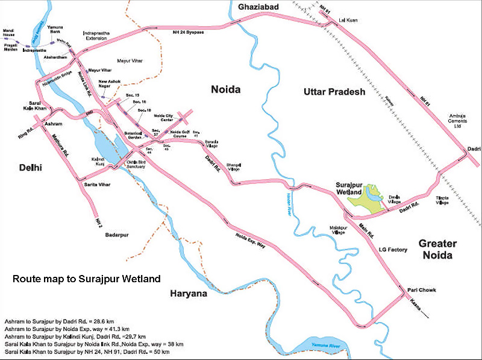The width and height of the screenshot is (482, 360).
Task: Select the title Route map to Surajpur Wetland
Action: pos(87,279)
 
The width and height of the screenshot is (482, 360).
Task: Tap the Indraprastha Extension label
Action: pos(95,35)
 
